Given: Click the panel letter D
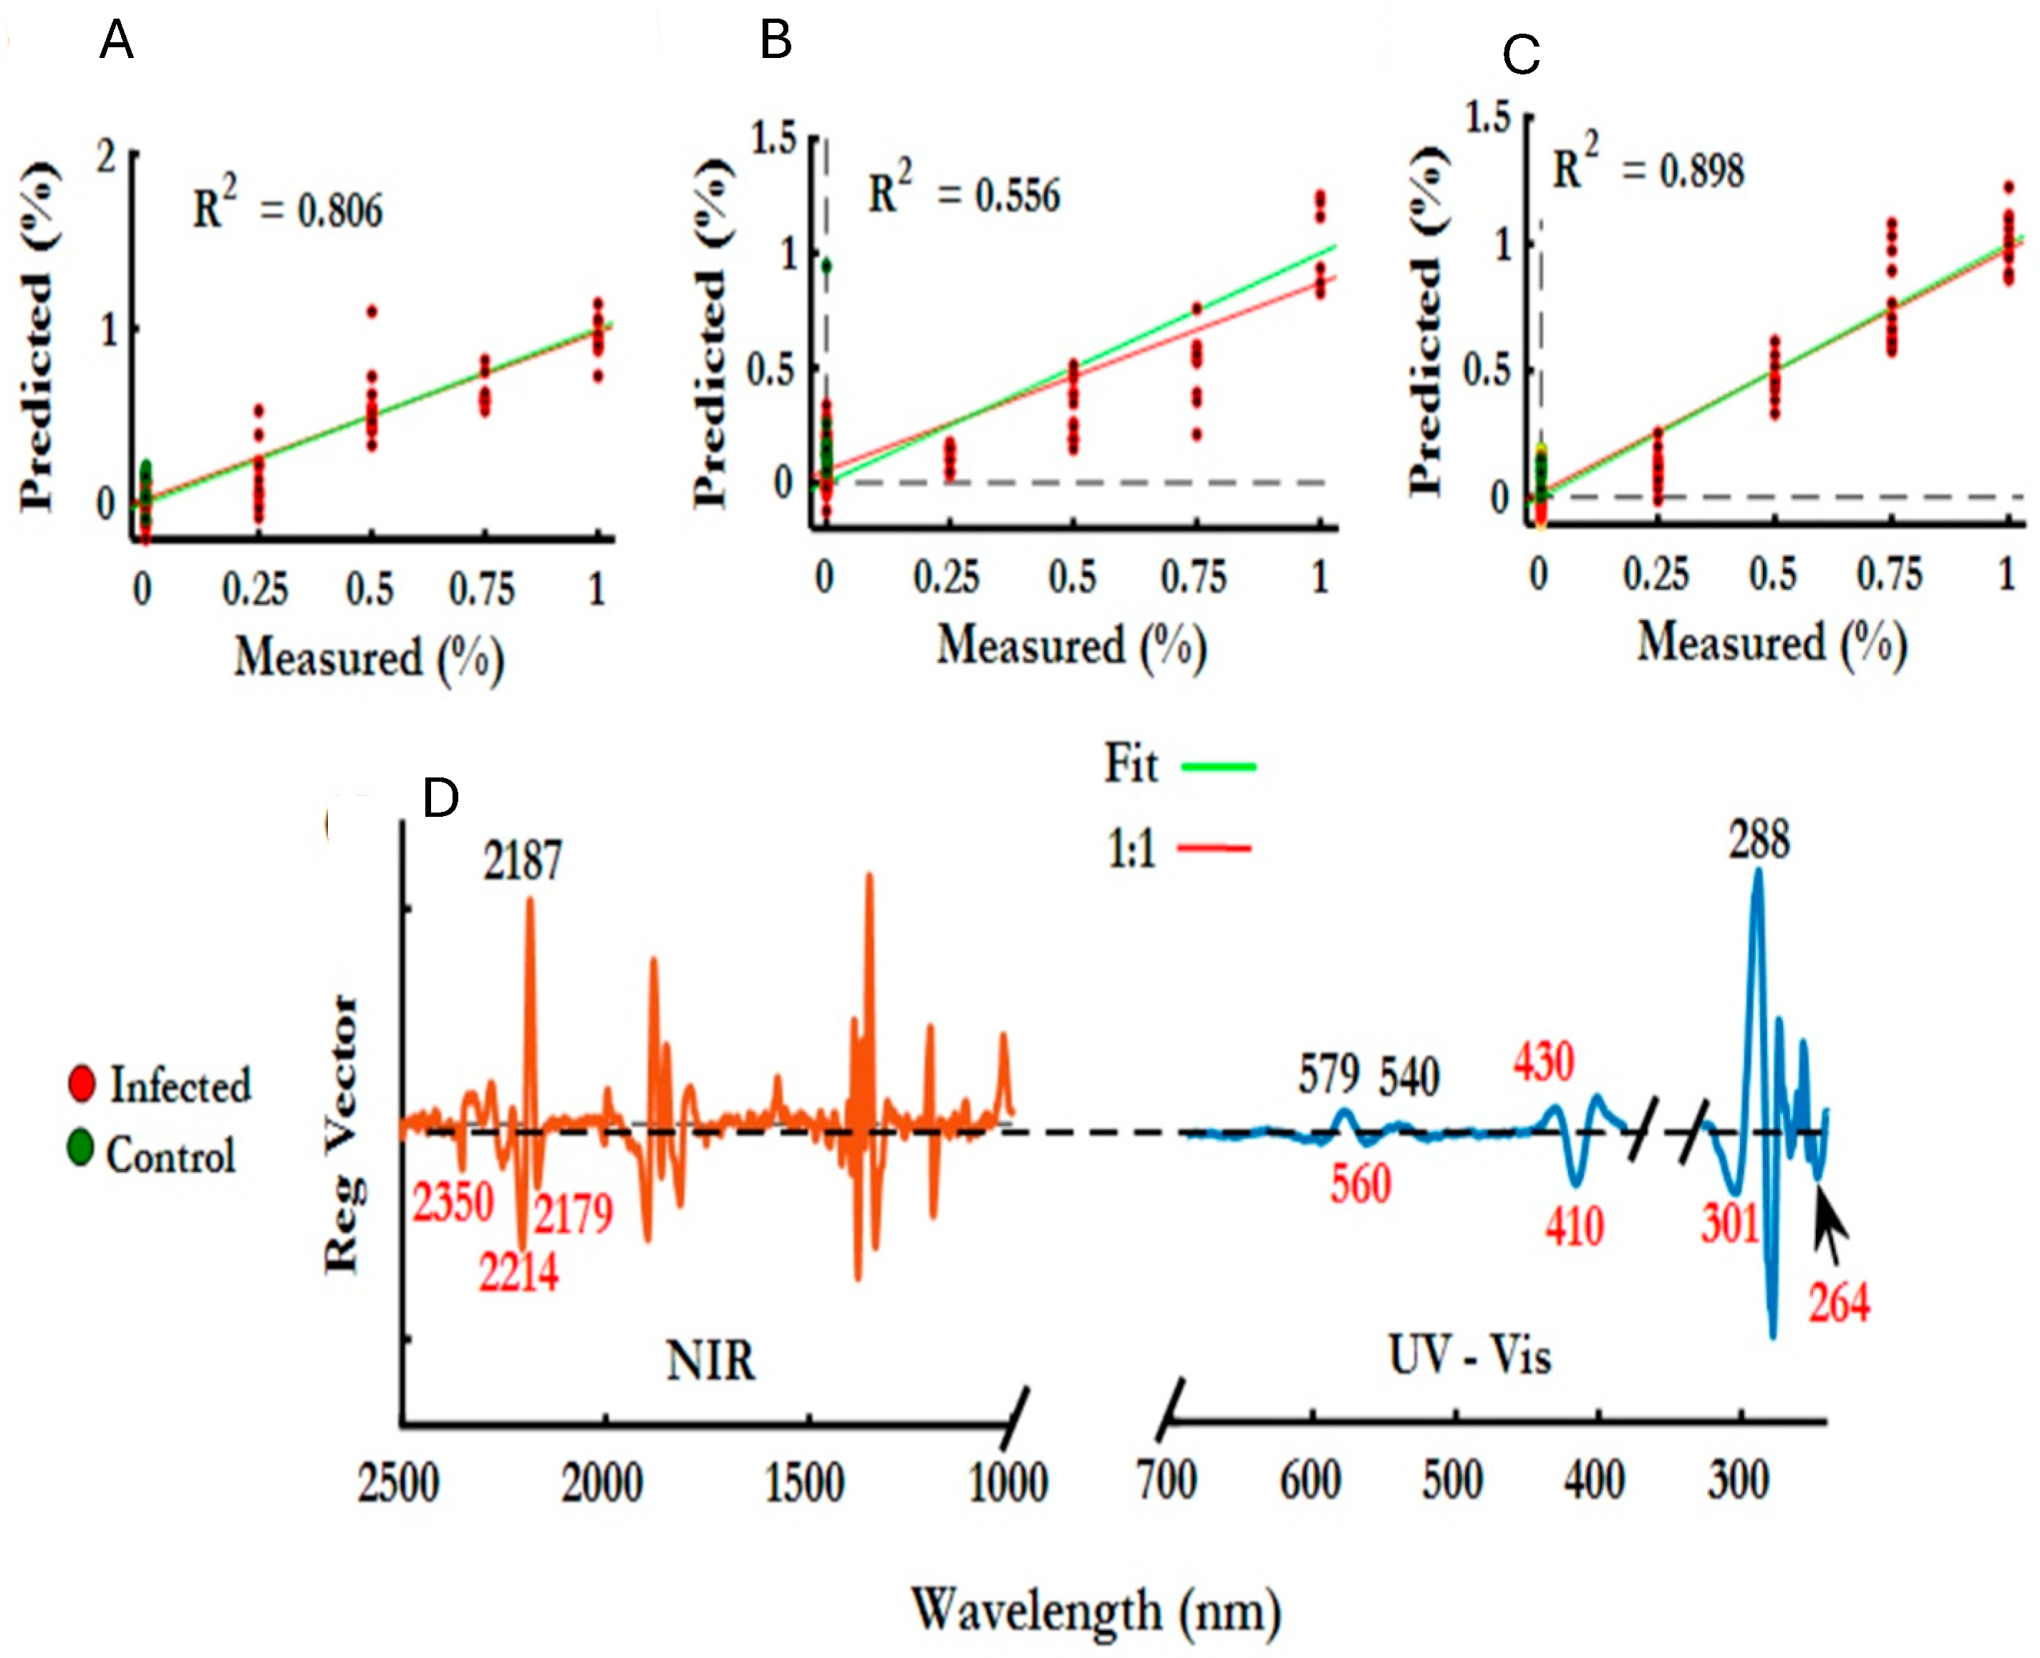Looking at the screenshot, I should [440, 798].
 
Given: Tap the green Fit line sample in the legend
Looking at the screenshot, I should [1218, 766].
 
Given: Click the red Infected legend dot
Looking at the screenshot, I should [82, 1084].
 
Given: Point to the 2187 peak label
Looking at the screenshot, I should [523, 860].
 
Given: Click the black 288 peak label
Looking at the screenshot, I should [1759, 840].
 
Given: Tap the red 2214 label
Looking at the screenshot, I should [518, 1272].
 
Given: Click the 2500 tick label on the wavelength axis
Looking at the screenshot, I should [398, 1483].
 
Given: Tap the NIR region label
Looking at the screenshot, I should [710, 1360].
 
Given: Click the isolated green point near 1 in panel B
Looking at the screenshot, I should [827, 266].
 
